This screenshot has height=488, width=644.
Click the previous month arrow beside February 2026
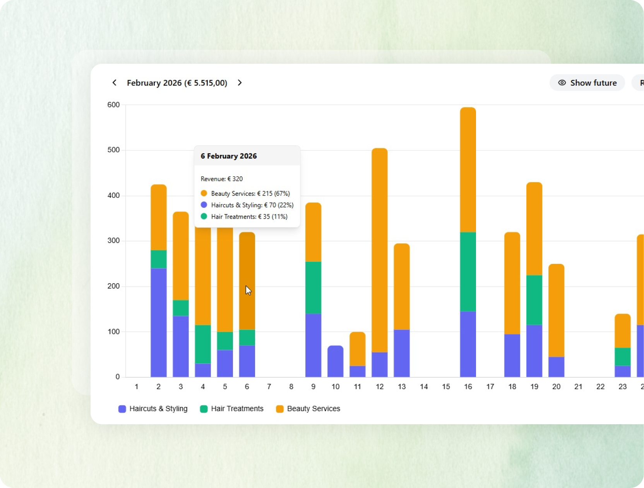click(115, 83)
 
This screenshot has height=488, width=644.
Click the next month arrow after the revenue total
click(240, 83)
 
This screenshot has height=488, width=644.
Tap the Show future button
click(587, 83)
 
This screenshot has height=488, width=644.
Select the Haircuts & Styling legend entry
click(152, 409)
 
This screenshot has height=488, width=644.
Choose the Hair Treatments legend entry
click(231, 409)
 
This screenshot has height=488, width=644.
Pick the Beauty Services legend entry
click(308, 409)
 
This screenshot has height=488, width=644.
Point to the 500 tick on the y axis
click(113, 150)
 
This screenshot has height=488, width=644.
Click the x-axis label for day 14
click(424, 387)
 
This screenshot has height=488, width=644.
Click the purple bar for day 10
click(335, 361)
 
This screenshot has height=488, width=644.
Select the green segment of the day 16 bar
click(468, 272)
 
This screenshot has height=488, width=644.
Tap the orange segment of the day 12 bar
click(380, 250)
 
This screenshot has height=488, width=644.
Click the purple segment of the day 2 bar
click(159, 323)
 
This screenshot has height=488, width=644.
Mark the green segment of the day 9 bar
click(313, 287)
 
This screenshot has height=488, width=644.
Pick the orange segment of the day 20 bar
click(556, 310)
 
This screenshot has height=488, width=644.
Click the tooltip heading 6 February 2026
click(229, 156)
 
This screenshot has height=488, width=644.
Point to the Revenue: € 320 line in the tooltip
click(221, 179)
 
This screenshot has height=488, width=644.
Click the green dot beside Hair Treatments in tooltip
click(204, 216)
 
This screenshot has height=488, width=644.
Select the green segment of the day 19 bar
click(534, 300)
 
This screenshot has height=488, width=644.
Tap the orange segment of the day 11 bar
click(357, 349)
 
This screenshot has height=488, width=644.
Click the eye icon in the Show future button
click(562, 83)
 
